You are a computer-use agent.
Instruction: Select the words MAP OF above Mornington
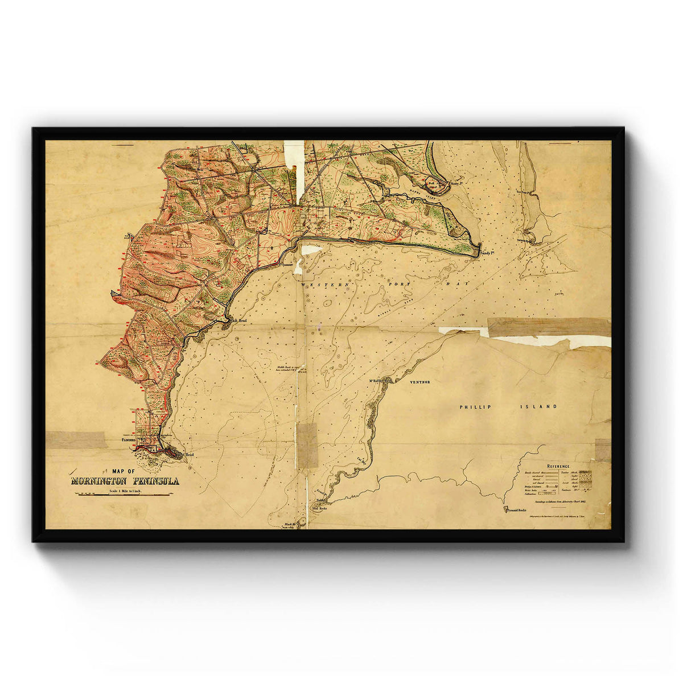124,471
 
